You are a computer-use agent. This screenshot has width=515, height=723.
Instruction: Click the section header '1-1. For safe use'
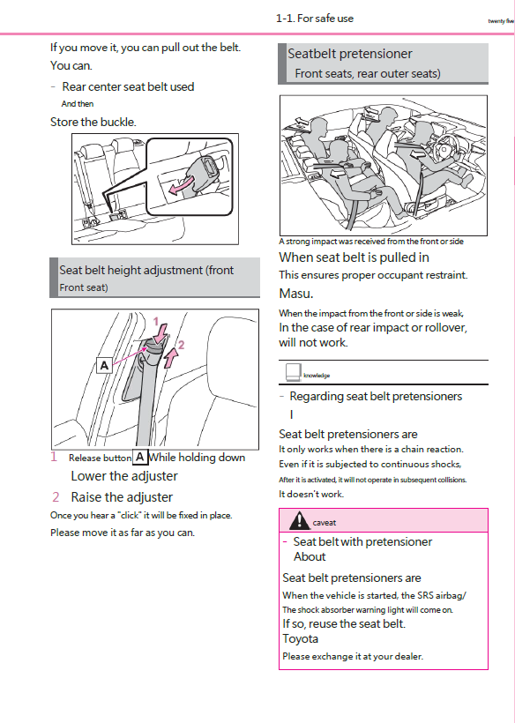315,19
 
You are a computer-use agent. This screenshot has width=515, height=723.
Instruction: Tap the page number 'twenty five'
500,21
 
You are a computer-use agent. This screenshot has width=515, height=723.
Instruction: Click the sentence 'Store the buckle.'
93,122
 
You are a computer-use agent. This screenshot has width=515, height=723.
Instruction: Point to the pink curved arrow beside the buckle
183,188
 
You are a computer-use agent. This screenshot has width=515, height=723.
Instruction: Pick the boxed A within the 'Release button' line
139,457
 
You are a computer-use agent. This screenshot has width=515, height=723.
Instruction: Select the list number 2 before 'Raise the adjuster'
56,497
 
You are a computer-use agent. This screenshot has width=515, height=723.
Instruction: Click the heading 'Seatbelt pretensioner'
349,55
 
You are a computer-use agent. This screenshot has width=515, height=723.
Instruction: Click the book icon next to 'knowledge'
291,373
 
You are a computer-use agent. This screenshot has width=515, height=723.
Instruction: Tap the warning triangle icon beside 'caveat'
298,521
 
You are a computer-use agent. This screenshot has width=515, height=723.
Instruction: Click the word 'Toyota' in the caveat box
300,638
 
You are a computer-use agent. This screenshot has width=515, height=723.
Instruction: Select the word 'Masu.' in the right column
296,294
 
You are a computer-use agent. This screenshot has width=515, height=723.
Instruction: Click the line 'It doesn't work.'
311,494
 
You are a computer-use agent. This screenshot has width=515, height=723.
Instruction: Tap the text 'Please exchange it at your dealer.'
353,656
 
